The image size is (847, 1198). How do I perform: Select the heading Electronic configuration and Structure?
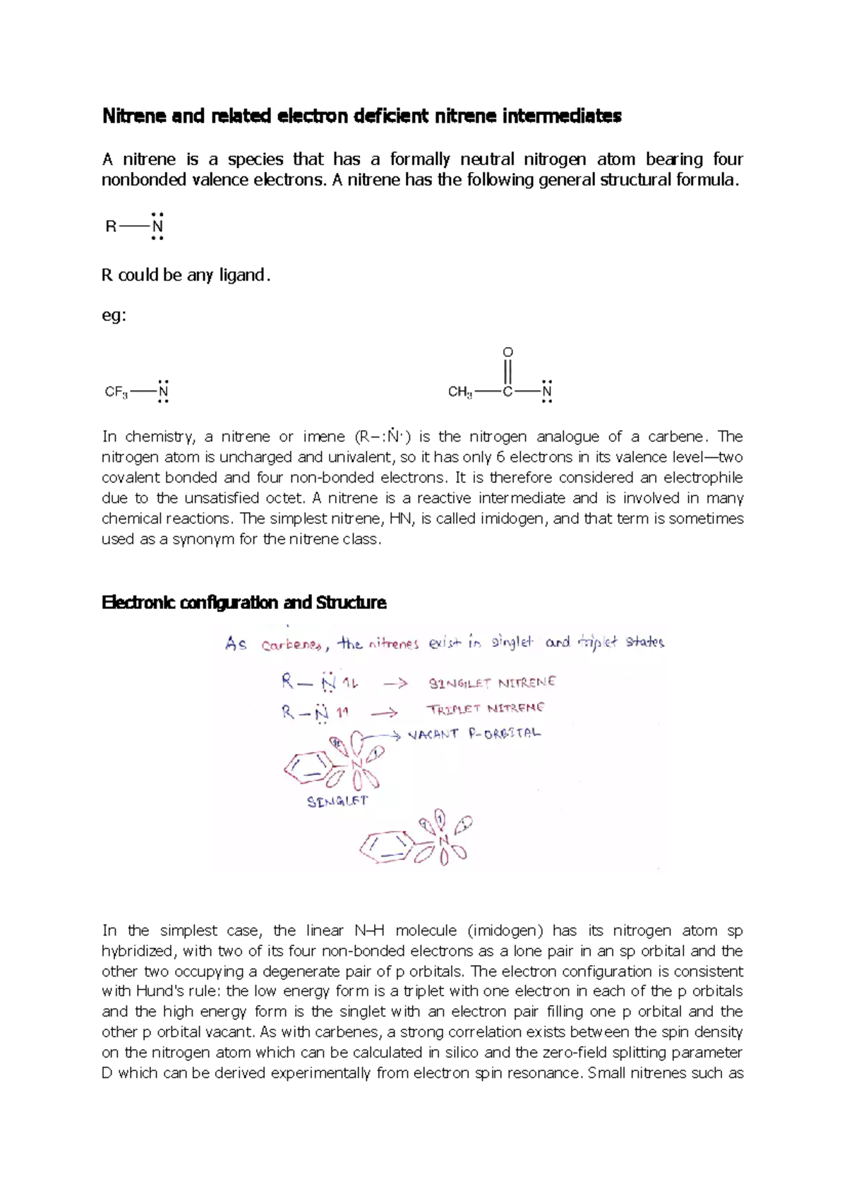click(x=244, y=603)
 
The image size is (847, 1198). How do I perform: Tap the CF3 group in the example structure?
click(x=116, y=392)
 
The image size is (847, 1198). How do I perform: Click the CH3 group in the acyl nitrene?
click(x=460, y=392)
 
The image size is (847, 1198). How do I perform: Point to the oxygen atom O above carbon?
click(x=507, y=352)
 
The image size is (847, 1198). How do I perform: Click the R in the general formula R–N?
click(x=111, y=226)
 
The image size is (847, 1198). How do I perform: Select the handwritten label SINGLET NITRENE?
click(x=492, y=683)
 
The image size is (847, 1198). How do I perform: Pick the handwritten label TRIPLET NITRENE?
click(x=485, y=708)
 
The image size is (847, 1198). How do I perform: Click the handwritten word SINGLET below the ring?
click(x=337, y=801)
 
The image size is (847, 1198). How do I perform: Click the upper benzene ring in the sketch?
click(x=308, y=768)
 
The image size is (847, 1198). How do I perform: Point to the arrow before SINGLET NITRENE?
click(x=395, y=684)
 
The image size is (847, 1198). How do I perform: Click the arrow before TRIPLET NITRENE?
click(x=384, y=713)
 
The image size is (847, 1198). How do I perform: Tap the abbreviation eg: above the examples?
click(x=114, y=315)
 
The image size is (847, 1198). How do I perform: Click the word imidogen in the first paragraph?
click(x=513, y=519)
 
